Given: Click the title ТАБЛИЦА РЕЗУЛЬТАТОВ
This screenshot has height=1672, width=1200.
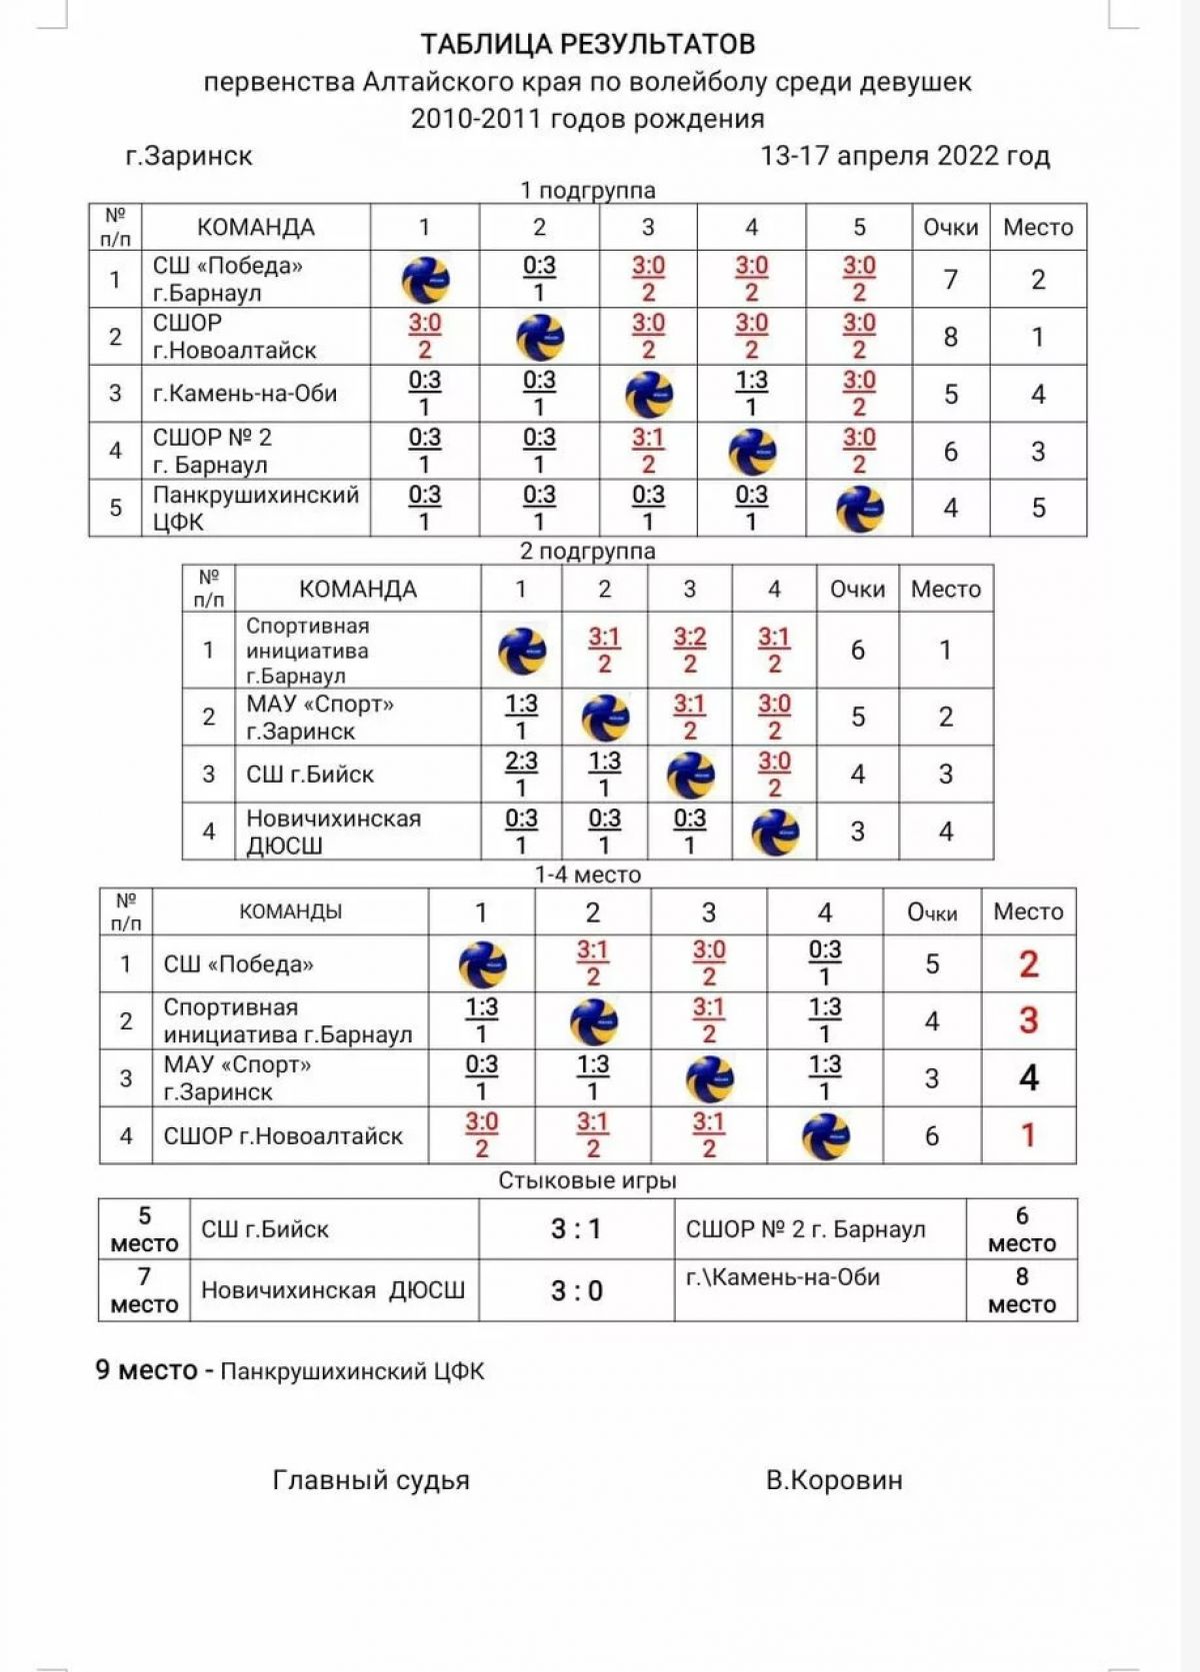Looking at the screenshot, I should point(587,44).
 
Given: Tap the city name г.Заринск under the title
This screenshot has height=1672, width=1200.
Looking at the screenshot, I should point(189,156).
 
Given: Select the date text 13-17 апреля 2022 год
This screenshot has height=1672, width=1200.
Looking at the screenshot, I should point(905,156).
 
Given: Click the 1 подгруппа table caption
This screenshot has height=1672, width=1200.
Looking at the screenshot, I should point(587,190).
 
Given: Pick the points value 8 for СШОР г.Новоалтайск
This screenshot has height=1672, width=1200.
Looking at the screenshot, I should point(950,337).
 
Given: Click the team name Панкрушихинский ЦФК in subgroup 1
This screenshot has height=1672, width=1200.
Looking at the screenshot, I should point(255,508).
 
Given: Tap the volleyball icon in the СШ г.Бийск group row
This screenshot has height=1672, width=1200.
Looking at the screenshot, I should point(690,775).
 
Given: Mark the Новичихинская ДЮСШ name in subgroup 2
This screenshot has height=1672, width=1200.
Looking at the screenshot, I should point(333,832).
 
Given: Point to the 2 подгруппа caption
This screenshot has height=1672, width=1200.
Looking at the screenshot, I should point(587,551).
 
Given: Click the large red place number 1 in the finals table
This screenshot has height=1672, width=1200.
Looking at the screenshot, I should point(1028,1135).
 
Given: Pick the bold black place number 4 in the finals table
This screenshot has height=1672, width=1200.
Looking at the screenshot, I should point(1028,1078).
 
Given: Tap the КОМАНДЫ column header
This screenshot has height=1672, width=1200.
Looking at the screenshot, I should point(290,911).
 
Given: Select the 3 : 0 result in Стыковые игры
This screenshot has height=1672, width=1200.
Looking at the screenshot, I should point(577,1291).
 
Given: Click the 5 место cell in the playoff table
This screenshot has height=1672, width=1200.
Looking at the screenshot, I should point(144,1229).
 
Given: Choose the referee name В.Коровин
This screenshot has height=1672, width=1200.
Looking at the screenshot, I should point(834,1480).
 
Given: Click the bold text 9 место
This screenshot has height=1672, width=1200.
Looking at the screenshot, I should point(146,1370).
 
